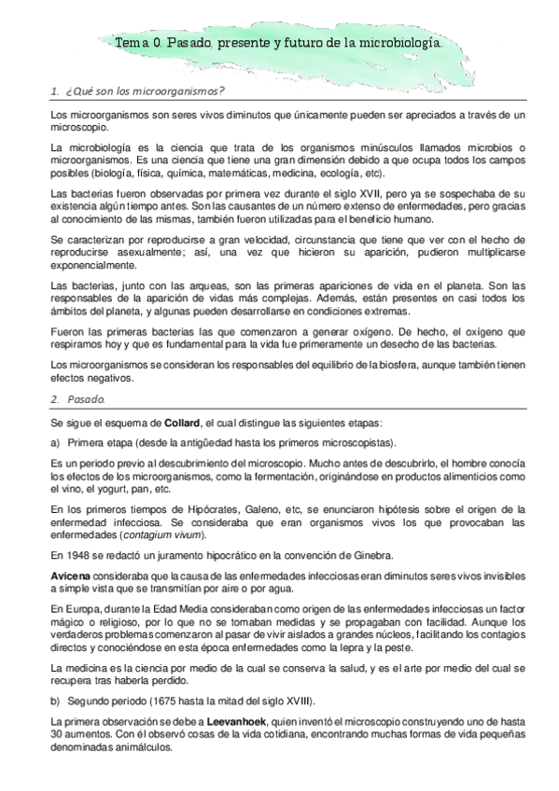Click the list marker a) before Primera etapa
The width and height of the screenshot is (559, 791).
(55, 441)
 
